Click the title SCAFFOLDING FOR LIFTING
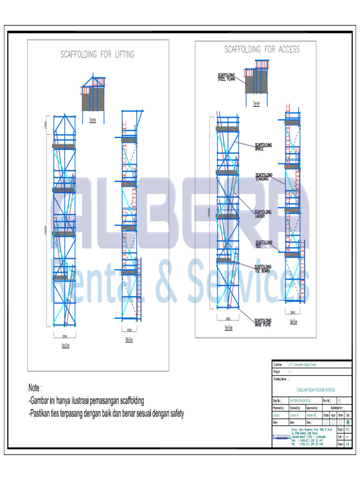point(97,54)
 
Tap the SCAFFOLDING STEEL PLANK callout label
point(226,77)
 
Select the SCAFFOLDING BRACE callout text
point(263,147)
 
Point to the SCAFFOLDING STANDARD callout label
point(264,177)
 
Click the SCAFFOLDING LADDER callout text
point(263,214)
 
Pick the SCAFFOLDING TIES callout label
point(263,244)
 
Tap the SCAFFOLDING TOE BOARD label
point(263,268)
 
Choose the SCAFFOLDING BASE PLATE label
point(263,322)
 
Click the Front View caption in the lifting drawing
point(65,345)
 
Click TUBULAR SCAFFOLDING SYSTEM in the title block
point(316,390)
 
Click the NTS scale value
point(347,429)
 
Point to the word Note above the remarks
point(35,388)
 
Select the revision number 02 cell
point(340,400)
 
